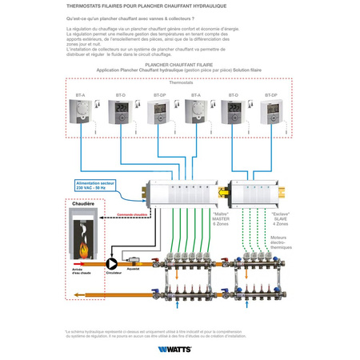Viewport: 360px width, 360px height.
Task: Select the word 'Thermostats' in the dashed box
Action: pos(181,82)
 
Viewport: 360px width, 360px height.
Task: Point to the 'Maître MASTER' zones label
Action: pos(221,219)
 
